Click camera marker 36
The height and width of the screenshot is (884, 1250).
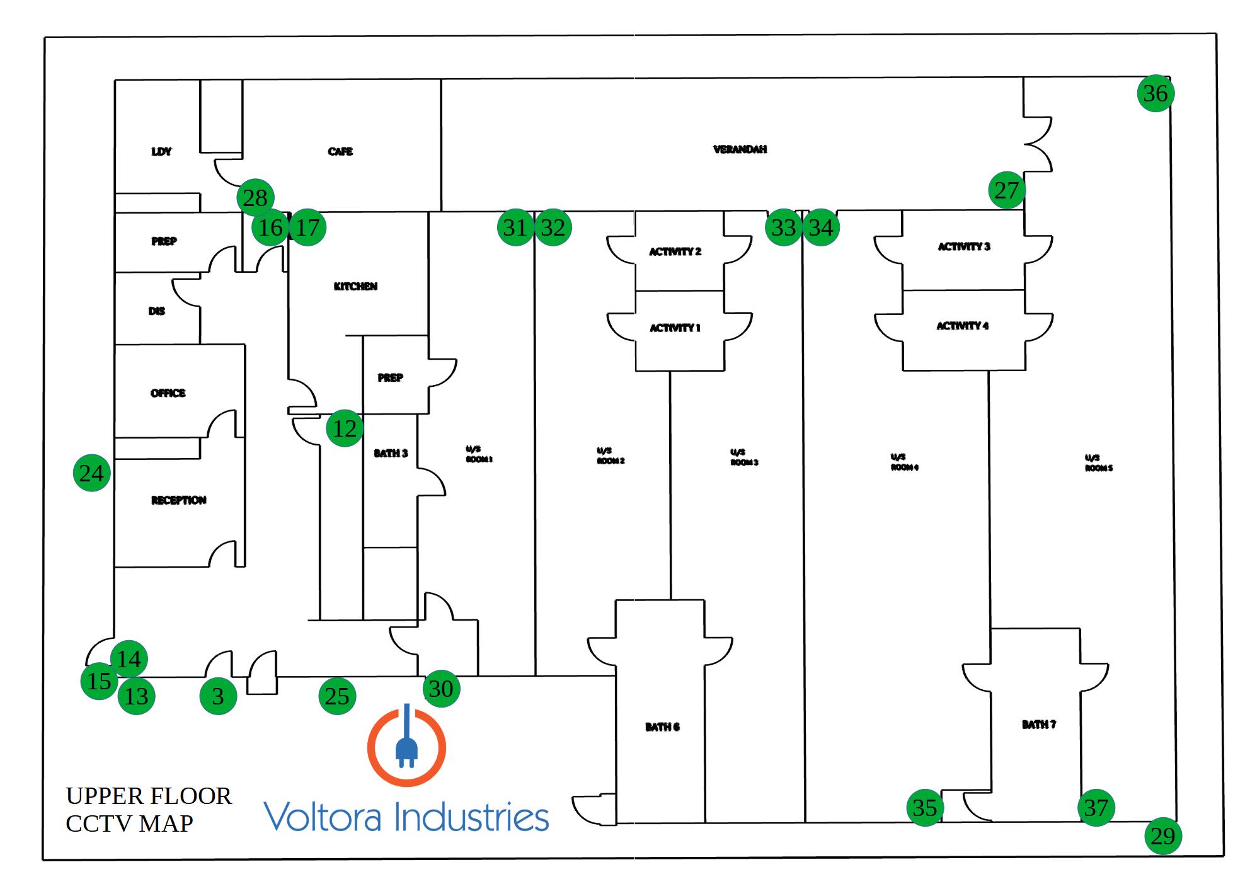[x=1155, y=93]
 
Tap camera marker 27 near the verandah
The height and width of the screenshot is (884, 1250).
[x=1006, y=190]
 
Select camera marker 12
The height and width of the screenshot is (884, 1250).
[x=345, y=428]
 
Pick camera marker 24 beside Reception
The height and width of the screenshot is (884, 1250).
[x=91, y=473]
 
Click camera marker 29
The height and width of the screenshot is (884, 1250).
[x=1162, y=836]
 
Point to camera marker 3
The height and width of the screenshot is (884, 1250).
[x=218, y=696]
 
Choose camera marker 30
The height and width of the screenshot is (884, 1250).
[x=440, y=689]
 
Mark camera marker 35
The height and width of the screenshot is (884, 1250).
[x=924, y=807]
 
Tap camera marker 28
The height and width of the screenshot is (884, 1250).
[x=255, y=198]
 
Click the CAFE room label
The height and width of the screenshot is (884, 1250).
[x=340, y=151]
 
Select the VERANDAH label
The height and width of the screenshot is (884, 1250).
[x=740, y=149]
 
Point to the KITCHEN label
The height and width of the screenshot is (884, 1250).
[x=355, y=286]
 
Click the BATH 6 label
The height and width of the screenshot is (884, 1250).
[x=662, y=727]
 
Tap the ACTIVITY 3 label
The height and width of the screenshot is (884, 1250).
[x=963, y=246]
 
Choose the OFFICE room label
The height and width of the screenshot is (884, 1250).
[x=168, y=393]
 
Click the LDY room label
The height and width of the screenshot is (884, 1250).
[x=161, y=151]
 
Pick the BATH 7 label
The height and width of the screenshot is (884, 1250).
[x=1038, y=725]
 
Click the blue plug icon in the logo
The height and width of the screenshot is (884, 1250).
[x=406, y=743]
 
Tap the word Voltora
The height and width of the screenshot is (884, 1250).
[x=323, y=817]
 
